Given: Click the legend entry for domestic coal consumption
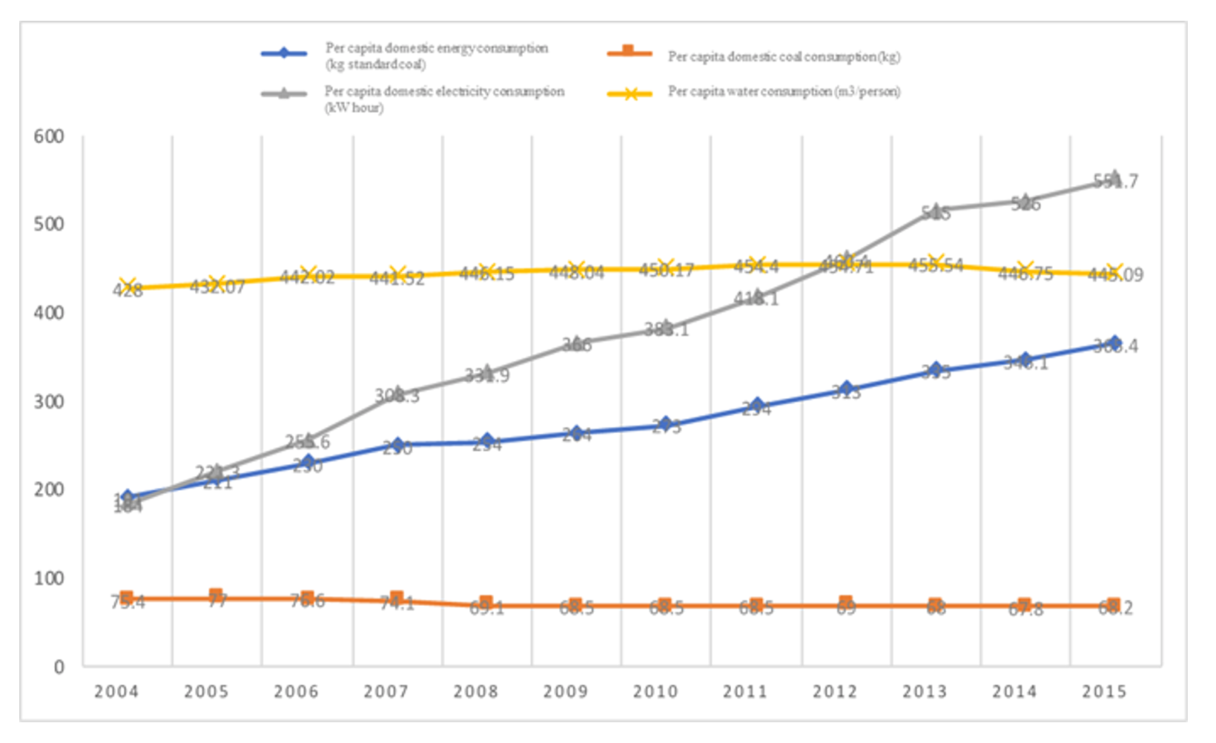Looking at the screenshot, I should (783, 56).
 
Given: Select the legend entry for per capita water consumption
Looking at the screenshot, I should (784, 92).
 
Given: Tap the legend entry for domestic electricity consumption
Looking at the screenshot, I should (443, 98).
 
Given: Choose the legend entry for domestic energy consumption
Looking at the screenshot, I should (436, 56).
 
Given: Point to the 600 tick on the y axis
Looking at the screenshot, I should (49, 136).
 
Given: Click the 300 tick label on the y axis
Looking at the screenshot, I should (49, 402).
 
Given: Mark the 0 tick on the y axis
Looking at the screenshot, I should (59, 667).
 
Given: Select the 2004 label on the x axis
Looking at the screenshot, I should (116, 692).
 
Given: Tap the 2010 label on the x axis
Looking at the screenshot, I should (655, 692).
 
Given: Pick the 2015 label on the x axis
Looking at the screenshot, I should (1104, 692).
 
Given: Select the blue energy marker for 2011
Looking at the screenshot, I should (756, 405).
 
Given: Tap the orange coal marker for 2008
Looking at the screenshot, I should (486, 602).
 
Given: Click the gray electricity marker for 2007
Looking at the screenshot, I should (397, 392).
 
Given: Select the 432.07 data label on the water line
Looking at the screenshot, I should (217, 287).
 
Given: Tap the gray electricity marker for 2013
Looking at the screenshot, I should (936, 210).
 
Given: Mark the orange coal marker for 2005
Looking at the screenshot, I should (216, 595).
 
